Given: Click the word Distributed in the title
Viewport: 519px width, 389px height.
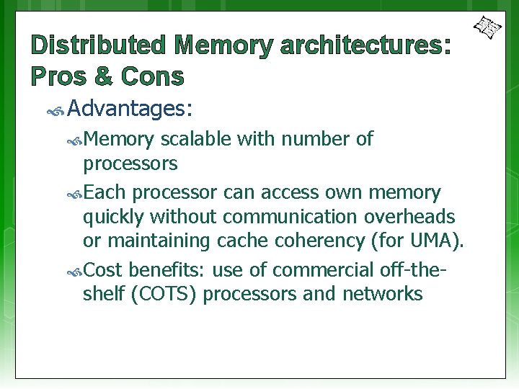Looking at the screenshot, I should [x=98, y=46].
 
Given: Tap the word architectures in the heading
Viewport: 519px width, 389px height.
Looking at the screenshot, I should [x=360, y=46].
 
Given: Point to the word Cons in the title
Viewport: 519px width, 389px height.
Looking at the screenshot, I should [x=152, y=76].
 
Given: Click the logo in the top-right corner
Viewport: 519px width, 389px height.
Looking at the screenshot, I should [x=487, y=27].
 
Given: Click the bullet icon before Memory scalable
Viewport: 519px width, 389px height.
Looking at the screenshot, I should [x=75, y=140].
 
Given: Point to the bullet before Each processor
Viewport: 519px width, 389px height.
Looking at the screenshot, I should [x=75, y=194].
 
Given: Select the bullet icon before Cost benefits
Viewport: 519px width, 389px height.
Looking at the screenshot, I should [x=75, y=272].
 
